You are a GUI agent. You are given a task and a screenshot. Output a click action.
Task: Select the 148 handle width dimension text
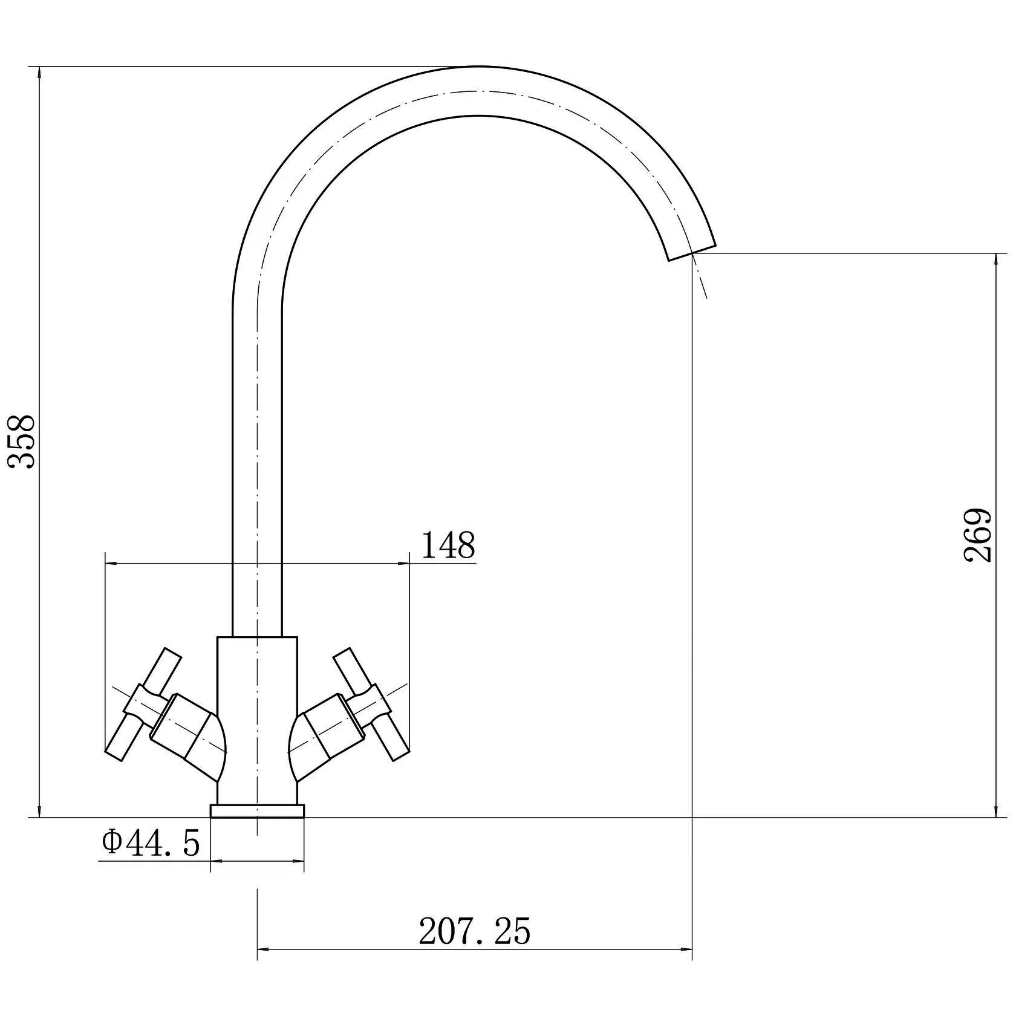[x=448, y=545]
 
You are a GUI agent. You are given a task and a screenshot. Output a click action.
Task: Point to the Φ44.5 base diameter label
[x=151, y=843]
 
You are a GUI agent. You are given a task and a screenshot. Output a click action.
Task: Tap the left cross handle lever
[x=143, y=705]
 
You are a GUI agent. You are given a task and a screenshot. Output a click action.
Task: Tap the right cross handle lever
[x=371, y=705]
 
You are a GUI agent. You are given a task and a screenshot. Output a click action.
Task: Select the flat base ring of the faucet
[x=257, y=811]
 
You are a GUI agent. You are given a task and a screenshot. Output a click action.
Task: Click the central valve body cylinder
[x=257, y=720]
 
